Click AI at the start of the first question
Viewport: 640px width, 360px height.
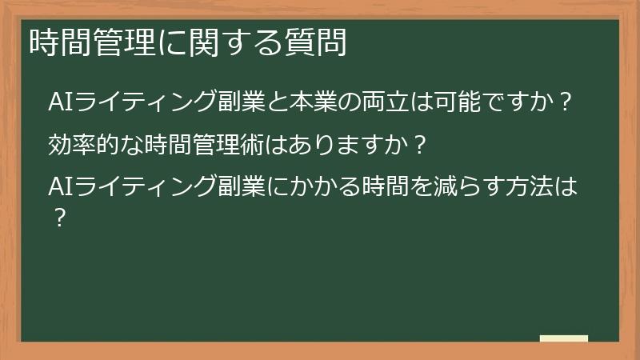coord(60,103)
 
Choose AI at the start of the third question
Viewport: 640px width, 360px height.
coord(60,188)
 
